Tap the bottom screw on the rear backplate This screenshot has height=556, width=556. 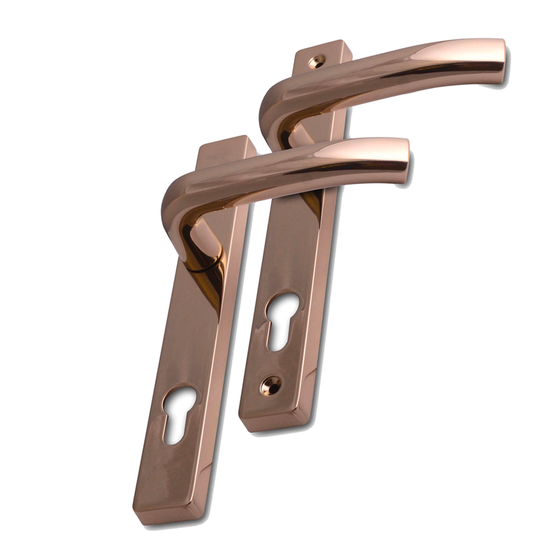(x=271, y=384)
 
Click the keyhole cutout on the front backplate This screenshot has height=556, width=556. (x=179, y=413)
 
